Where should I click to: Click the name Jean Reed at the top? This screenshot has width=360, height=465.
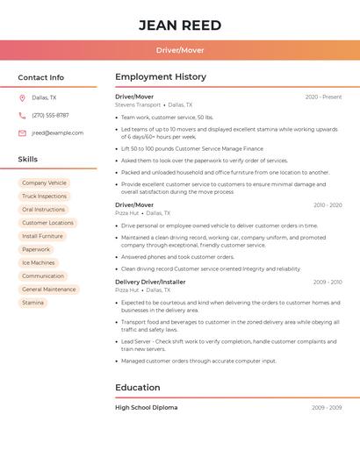179,25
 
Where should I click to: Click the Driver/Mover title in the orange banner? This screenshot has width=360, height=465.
180,50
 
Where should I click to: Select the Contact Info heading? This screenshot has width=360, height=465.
41,77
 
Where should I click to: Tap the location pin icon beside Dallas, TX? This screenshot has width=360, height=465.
22,98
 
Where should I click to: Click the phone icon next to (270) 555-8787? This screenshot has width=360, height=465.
22,116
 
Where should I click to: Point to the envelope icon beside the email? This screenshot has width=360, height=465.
22,133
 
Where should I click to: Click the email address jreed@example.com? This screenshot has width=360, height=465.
58,133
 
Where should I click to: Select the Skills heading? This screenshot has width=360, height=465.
28,160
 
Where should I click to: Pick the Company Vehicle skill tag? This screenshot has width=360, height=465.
44,183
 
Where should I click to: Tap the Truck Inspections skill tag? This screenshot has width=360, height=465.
44,197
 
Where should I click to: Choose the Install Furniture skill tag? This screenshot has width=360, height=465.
42,236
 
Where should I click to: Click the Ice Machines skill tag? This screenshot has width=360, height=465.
38,262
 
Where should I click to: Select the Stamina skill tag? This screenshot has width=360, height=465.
32,303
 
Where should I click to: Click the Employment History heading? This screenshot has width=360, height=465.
161,77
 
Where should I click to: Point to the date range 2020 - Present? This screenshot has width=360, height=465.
323,97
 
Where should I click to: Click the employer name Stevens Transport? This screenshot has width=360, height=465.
138,104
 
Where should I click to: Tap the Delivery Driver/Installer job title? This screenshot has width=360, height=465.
150,282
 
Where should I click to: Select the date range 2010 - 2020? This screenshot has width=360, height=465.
328,205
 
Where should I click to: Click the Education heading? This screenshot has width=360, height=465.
138,388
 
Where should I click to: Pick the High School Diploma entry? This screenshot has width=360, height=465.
146,408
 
